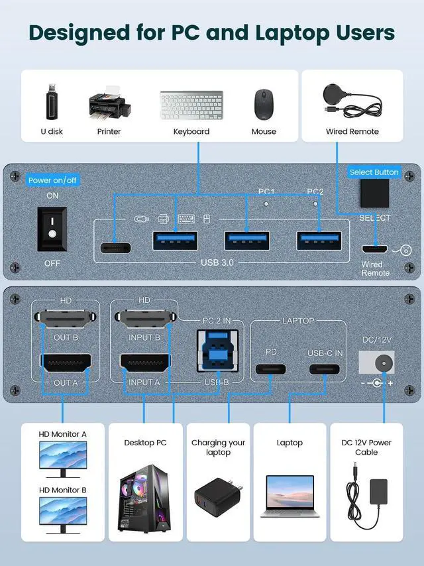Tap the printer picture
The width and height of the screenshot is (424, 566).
coord(109,105)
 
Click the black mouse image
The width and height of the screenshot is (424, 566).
coord(264,104)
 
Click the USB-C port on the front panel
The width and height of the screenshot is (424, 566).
coord(116,248)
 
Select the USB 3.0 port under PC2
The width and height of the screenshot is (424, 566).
coord(319,240)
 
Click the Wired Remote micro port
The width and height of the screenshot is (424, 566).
coord(374,250)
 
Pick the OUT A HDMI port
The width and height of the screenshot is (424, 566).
coord(66,363)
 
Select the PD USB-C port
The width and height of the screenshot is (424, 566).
coord(271,369)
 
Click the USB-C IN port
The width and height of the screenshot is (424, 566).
coord(325,369)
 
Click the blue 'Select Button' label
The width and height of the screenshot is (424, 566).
coord(374,172)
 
